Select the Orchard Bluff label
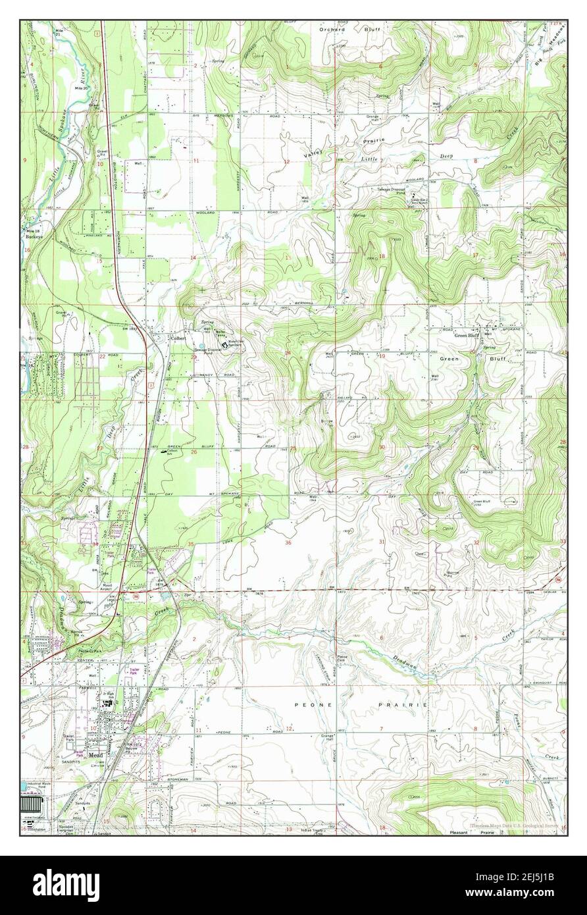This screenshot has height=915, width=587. (352, 29)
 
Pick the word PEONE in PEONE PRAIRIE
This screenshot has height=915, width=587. (303, 704)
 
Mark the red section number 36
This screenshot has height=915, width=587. (288, 542)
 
